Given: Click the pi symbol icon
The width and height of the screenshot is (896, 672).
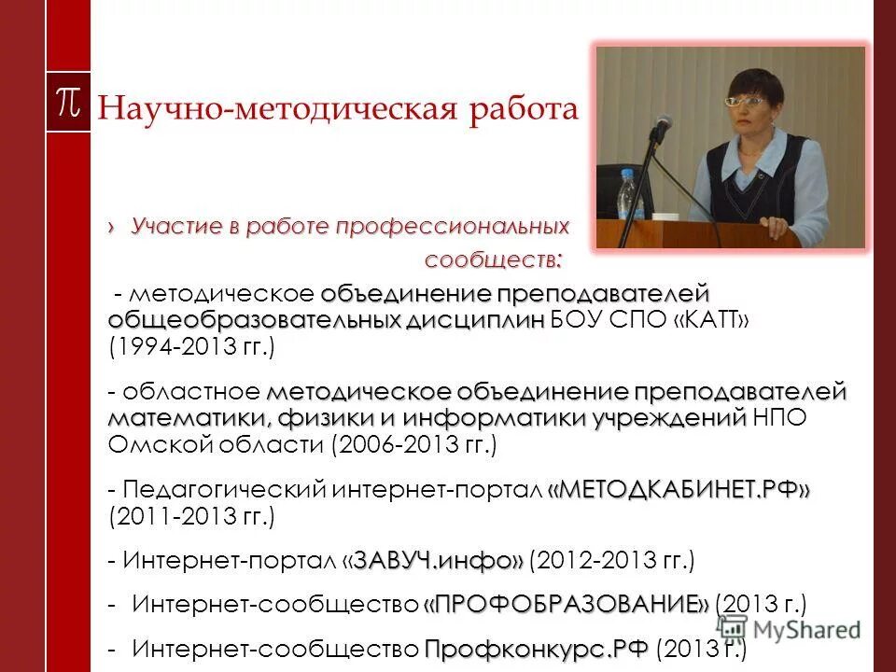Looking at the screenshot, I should [68, 102].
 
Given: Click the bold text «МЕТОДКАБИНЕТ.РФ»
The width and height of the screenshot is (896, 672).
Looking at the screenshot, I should [679, 489].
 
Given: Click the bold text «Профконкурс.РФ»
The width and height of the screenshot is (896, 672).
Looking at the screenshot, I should [536, 648].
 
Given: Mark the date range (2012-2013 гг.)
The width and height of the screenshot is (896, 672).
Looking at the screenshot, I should [612, 561].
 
